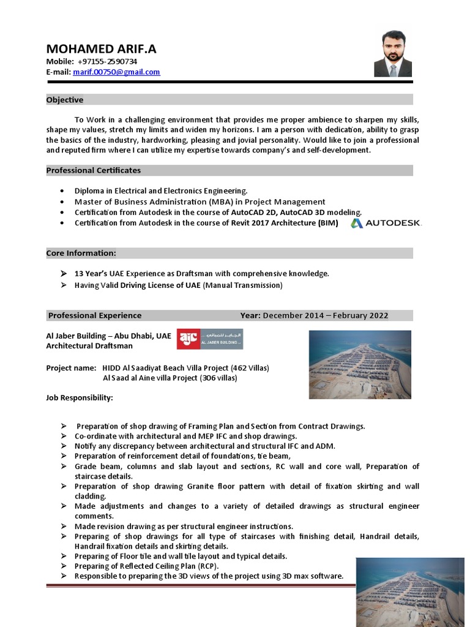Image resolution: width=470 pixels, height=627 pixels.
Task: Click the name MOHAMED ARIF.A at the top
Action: pyautogui.click(x=102, y=49)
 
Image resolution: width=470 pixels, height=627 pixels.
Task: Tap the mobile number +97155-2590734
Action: pyautogui.click(x=107, y=62)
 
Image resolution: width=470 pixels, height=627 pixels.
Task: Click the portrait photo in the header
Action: pyautogui.click(x=393, y=55)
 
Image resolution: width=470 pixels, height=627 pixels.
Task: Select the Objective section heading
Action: pyautogui.click(x=65, y=100)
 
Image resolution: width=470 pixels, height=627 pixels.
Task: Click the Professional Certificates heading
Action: pyautogui.click(x=94, y=170)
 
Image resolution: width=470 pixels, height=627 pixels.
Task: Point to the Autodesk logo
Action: pyautogui.click(x=386, y=223)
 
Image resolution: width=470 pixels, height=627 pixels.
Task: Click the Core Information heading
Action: pyautogui.click(x=81, y=253)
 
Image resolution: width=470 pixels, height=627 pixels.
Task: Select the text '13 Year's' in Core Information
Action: pyautogui.click(x=91, y=274)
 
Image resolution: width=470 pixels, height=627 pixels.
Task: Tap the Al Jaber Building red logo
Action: pyautogui.click(x=209, y=339)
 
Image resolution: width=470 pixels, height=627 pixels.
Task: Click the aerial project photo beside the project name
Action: pyautogui.click(x=360, y=365)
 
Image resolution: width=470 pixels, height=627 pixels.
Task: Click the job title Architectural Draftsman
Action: pyautogui.click(x=89, y=346)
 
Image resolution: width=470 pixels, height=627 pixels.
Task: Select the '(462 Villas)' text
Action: pyautogui.click(x=249, y=368)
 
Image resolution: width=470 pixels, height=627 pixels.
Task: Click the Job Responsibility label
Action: pyautogui.click(x=80, y=398)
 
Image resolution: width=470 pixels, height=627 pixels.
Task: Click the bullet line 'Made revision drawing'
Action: pyautogui.click(x=184, y=526)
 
